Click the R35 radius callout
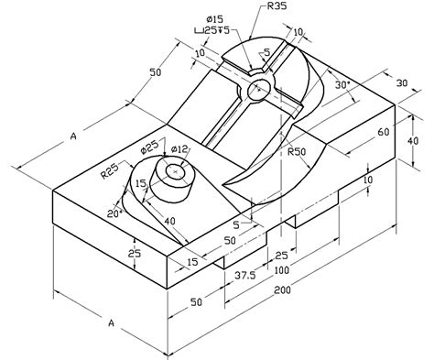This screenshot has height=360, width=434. pos(278,7)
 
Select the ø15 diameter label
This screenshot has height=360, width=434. pos(216,19)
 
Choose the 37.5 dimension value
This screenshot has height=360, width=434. pos(243,274)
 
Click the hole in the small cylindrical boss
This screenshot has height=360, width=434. pos(174,171)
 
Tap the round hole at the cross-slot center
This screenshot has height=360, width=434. pos(259,89)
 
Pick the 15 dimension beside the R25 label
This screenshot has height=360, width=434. pos(141,184)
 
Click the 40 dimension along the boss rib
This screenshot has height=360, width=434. pos(170,220)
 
